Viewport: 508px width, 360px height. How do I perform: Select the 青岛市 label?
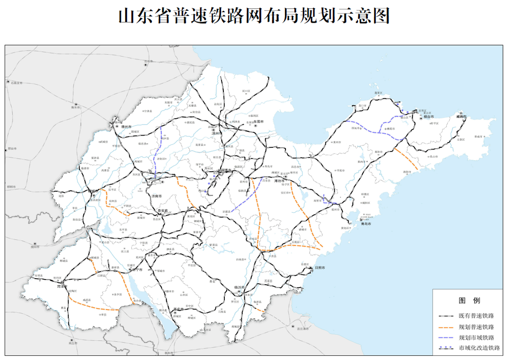click(x=366, y=224)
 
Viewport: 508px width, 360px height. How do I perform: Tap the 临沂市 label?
click(x=240, y=287)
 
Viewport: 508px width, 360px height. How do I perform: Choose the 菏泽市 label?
click(x=63, y=286)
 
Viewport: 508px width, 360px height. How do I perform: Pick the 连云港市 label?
click(x=303, y=328)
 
